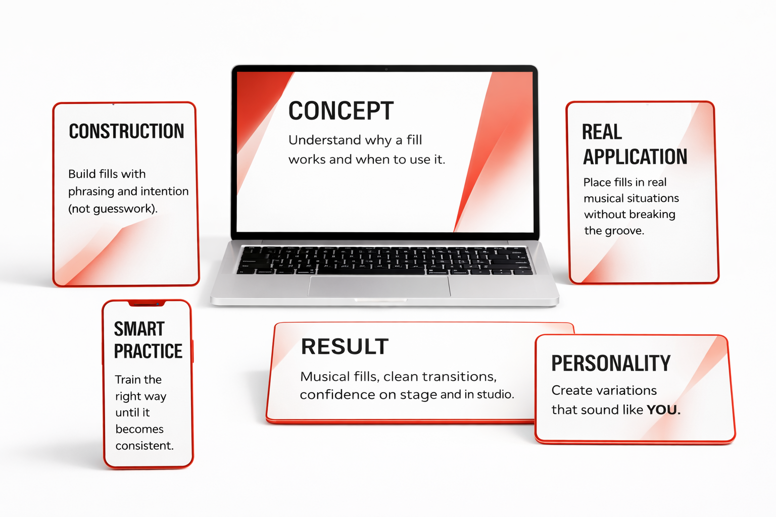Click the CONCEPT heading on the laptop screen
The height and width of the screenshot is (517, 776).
tap(341, 111)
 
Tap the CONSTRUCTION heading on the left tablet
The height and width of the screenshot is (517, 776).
tap(126, 131)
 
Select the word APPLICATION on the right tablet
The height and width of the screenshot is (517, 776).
tap(635, 157)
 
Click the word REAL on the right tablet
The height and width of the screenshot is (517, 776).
tap(602, 132)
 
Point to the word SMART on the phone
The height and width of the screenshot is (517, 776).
tap(139, 329)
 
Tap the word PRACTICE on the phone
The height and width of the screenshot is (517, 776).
tap(148, 351)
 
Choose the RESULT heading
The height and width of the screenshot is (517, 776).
tap(345, 346)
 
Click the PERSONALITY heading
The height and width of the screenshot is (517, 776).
tap(611, 363)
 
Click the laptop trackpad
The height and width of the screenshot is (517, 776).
tap(379, 286)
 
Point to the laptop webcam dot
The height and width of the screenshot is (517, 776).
tap(386, 69)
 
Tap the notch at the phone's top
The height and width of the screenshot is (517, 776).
tap(146, 304)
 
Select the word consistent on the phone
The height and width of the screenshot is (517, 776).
tap(144, 446)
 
